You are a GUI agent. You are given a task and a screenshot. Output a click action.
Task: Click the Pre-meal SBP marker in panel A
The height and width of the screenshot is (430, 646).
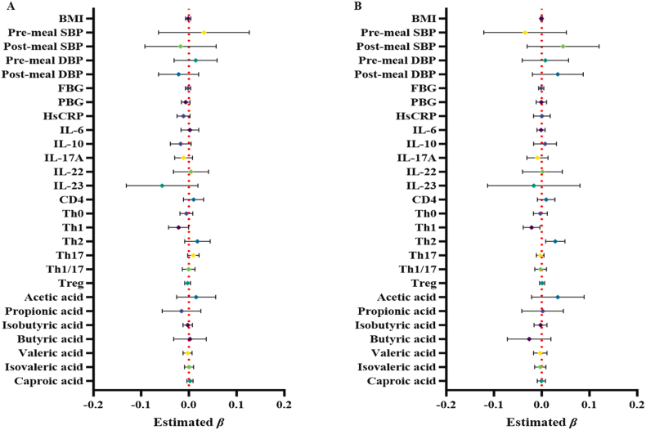click(204, 32)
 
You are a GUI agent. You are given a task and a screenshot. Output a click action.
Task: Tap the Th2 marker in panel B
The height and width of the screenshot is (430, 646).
click(555, 241)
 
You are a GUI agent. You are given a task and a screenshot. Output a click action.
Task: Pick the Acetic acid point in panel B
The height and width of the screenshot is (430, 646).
click(558, 297)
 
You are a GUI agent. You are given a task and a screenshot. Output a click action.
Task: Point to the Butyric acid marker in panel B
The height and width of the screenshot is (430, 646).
click(529, 338)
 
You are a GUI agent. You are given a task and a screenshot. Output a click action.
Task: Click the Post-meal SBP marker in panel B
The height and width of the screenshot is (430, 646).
click(563, 46)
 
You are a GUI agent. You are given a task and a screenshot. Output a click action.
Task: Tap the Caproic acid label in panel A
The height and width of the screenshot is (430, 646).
click(48, 381)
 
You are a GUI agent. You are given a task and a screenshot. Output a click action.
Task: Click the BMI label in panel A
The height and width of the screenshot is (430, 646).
click(69, 18)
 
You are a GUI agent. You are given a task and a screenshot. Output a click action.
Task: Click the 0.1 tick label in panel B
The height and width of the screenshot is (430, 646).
click(589, 404)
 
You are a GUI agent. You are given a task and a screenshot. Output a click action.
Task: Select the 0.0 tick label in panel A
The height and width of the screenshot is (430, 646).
click(189, 404)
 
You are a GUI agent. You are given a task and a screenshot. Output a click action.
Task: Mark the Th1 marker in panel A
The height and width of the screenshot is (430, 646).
click(178, 227)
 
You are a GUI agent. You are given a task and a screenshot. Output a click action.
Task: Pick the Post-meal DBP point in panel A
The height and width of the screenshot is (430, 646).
click(179, 74)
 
